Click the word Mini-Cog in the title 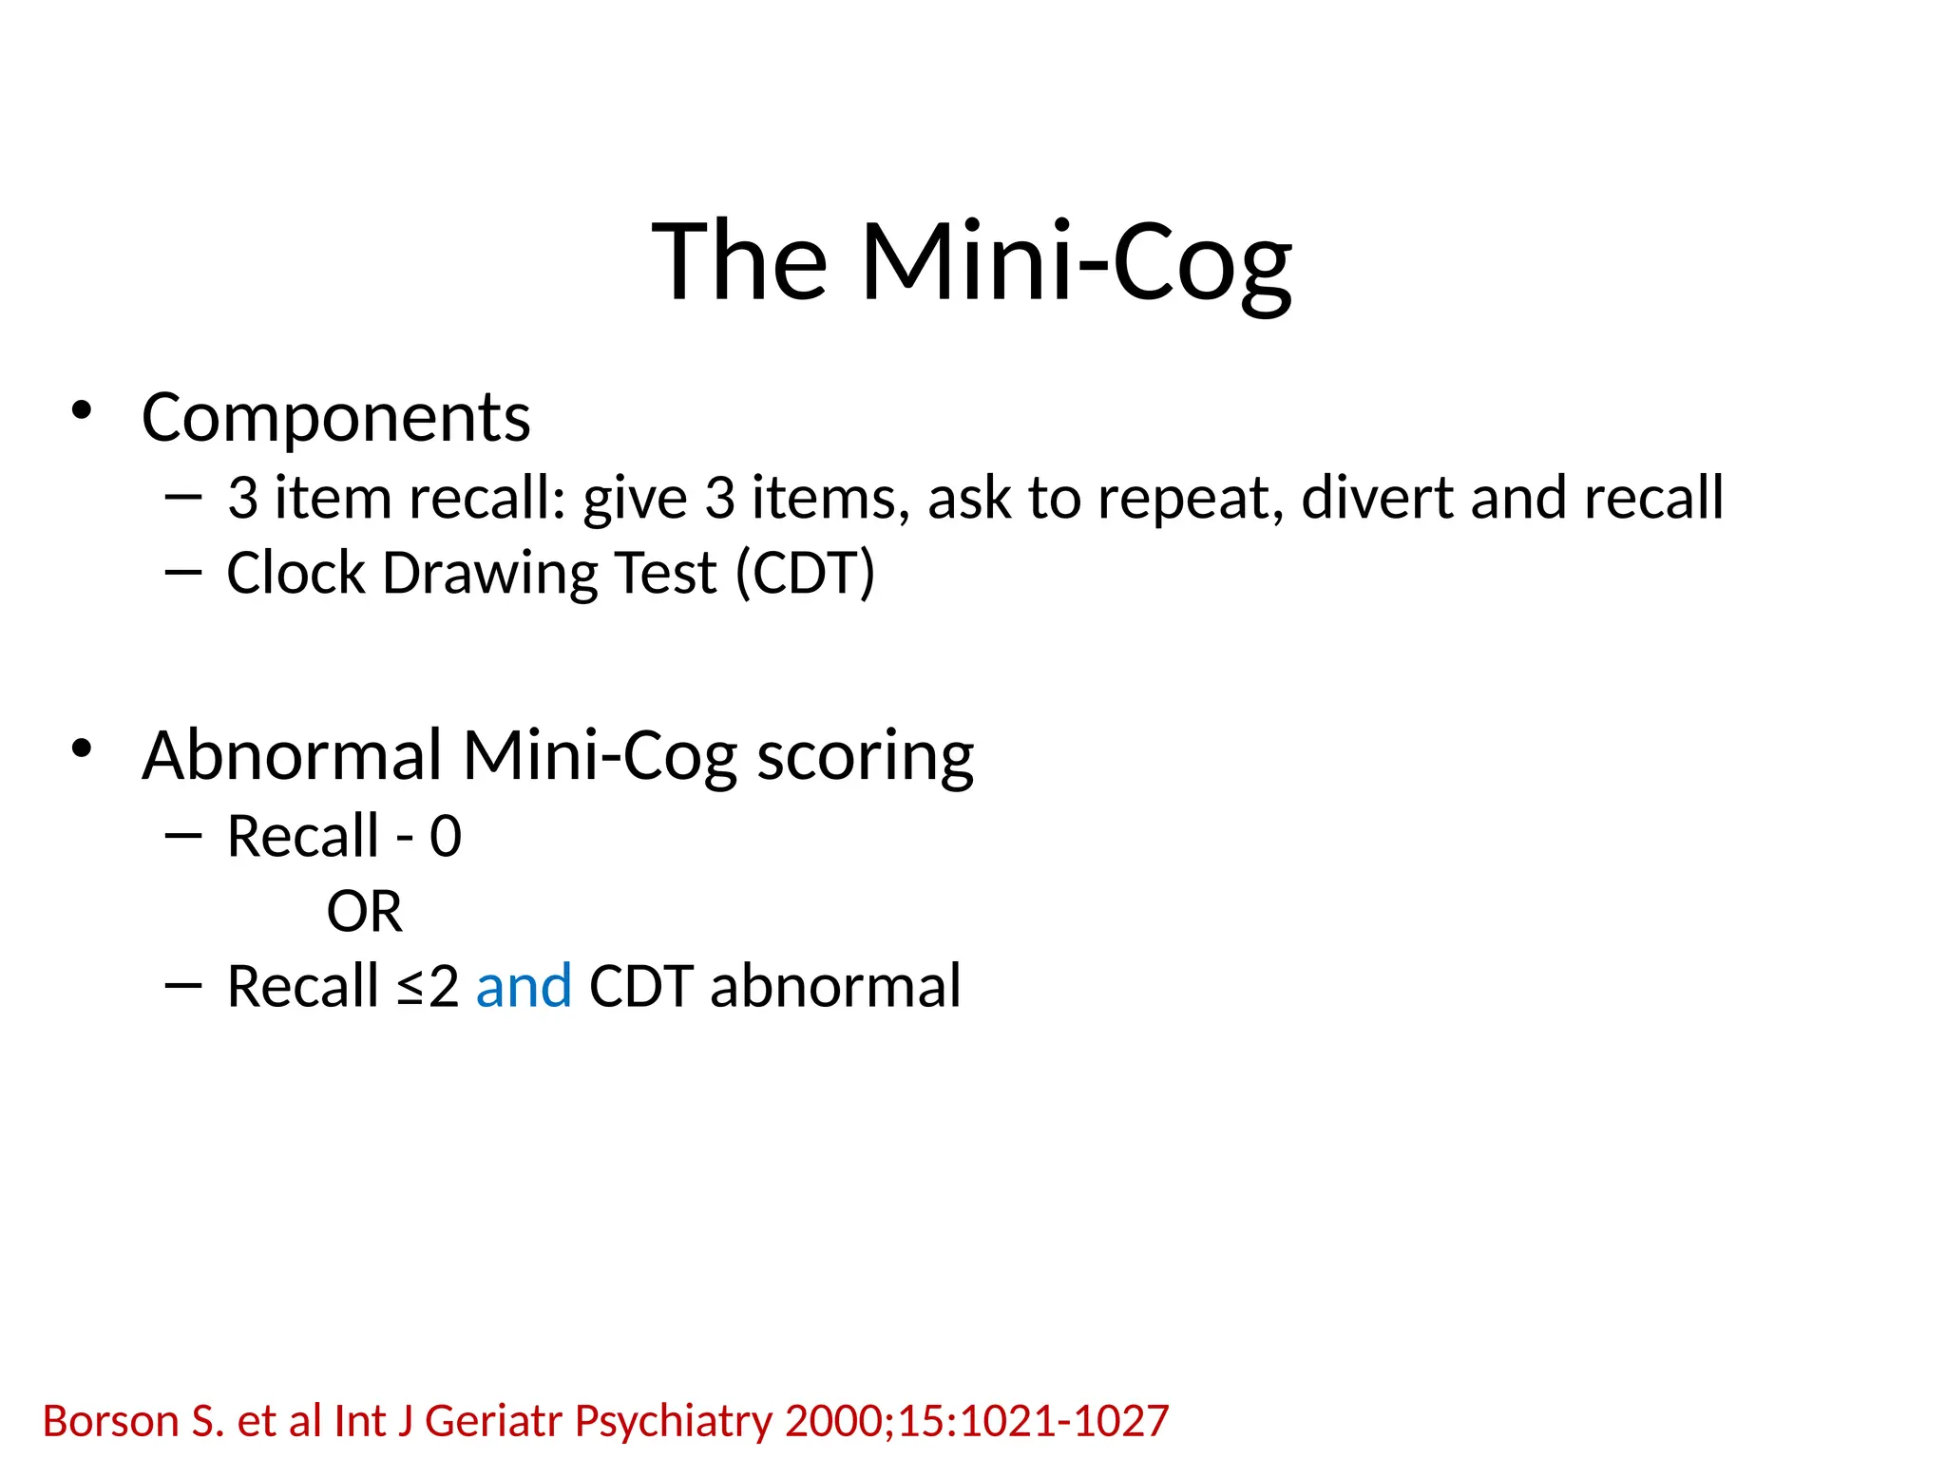(1076, 262)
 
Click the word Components (335, 418)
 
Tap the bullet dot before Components (82, 410)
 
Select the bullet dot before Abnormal (82, 748)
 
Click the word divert (1378, 498)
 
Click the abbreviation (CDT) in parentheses (806, 574)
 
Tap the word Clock (296, 574)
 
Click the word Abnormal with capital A (293, 756)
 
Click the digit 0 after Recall (446, 838)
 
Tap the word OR (364, 912)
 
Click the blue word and (524, 986)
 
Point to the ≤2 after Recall (428, 986)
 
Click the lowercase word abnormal (835, 986)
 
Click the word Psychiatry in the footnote (674, 1422)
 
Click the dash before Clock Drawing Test (182, 572)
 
